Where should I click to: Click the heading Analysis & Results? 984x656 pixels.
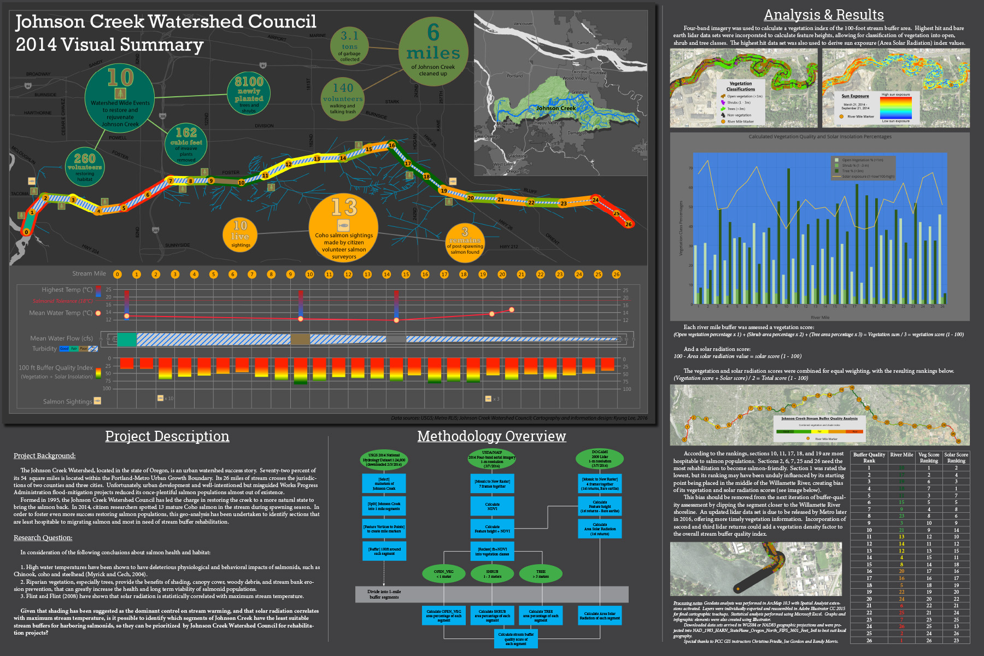point(823,15)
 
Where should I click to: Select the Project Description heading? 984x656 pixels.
point(167,436)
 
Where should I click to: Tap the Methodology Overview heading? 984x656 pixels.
point(491,436)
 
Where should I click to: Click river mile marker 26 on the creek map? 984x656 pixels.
point(628,224)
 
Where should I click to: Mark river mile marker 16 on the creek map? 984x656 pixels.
point(392,145)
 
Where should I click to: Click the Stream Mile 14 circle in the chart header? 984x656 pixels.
point(386,274)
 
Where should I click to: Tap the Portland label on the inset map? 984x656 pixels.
point(514,76)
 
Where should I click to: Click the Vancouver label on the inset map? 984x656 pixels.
point(523,24)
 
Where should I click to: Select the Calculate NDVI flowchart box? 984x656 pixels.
point(492,506)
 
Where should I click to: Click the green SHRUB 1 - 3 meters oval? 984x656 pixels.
point(492,573)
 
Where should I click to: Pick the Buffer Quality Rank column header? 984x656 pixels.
point(869,458)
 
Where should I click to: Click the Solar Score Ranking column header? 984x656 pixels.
point(956,458)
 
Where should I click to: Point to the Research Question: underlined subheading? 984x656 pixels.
point(43,538)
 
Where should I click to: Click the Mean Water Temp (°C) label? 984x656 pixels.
point(61,313)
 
